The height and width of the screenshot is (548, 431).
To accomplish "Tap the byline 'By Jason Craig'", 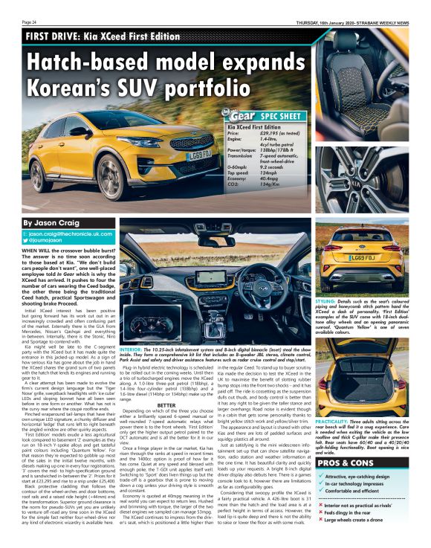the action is tap(51, 222).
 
